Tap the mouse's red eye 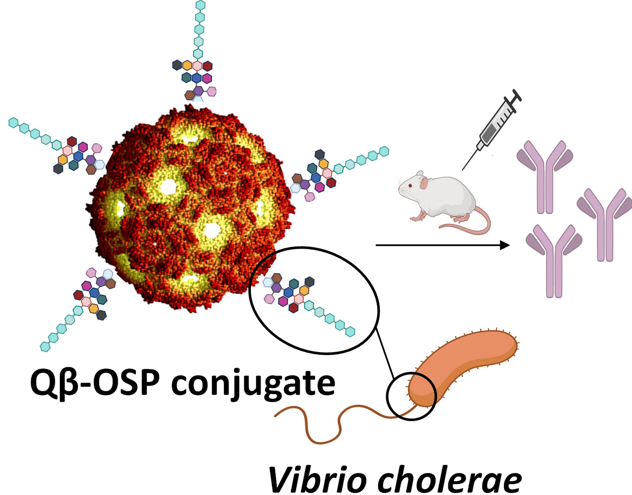(x=410, y=186)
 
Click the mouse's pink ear (x=423, y=183)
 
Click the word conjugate (x=253, y=383)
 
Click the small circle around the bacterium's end (x=411, y=396)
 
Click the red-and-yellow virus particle (x=190, y=209)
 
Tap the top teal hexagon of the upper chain (x=200, y=5)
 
